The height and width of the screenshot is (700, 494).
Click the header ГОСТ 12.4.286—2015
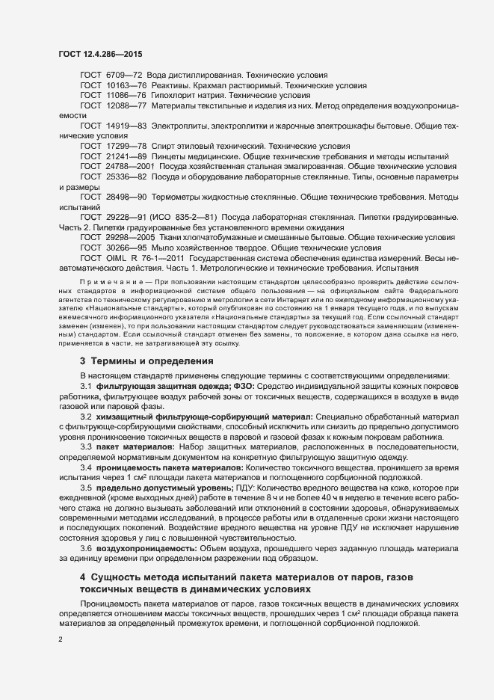click(99, 55)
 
